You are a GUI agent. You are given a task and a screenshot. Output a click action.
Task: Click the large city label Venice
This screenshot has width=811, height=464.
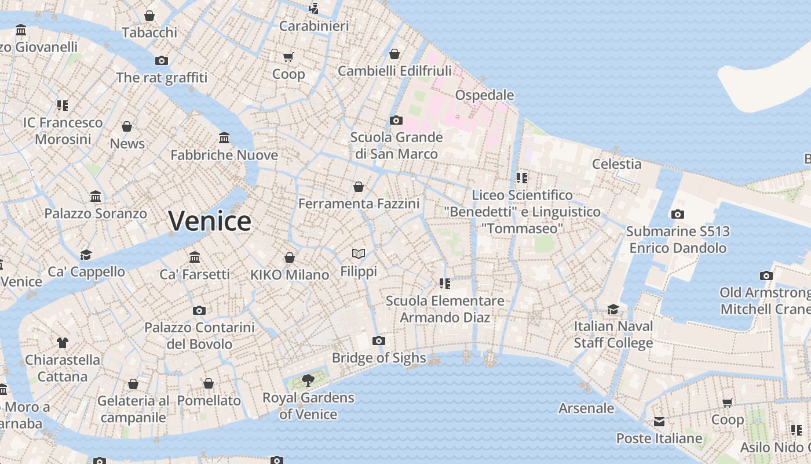pyautogui.click(x=210, y=221)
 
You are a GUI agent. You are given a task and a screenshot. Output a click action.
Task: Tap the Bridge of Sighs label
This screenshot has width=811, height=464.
pyautogui.click(x=379, y=358)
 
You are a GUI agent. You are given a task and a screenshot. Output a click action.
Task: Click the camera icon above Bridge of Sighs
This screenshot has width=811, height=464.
pyautogui.click(x=379, y=340)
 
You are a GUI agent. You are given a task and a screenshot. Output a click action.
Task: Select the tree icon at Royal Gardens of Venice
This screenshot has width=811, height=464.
pyautogui.click(x=308, y=380)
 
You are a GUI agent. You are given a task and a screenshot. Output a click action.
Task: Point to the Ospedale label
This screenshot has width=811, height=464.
pyautogui.click(x=485, y=95)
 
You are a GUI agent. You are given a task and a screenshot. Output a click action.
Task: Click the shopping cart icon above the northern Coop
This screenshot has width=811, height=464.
pyautogui.click(x=288, y=57)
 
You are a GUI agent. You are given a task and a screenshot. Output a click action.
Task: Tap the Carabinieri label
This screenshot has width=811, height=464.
pyautogui.click(x=314, y=26)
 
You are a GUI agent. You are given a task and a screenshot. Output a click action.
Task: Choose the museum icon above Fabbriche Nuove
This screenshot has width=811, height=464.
pyautogui.click(x=224, y=137)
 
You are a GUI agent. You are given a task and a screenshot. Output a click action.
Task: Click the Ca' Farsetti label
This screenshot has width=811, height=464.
pyautogui.click(x=195, y=274)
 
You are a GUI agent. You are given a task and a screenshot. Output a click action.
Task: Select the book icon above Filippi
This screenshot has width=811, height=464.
pyautogui.click(x=359, y=253)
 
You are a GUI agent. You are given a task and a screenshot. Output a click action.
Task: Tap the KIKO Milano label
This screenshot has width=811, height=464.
pyautogui.click(x=290, y=275)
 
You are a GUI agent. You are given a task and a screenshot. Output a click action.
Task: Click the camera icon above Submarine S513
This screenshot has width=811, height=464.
pyautogui.click(x=678, y=214)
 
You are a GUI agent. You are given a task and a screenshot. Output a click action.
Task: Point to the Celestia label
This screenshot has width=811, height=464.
pyautogui.click(x=617, y=164)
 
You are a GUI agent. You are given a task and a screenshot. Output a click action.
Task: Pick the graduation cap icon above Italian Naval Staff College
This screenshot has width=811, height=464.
pyautogui.click(x=613, y=309)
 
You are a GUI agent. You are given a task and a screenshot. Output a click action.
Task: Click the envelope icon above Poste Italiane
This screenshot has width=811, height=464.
pyautogui.click(x=659, y=422)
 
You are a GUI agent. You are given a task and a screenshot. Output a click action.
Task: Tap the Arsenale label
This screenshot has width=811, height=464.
pyautogui.click(x=586, y=408)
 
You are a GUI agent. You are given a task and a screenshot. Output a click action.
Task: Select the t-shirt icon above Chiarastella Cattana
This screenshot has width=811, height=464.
pyautogui.click(x=63, y=343)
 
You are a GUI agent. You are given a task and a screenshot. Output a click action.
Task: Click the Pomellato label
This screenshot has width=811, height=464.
pyautogui.click(x=209, y=400)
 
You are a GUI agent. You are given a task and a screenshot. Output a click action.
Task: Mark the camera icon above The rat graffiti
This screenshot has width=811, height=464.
pyautogui.click(x=162, y=60)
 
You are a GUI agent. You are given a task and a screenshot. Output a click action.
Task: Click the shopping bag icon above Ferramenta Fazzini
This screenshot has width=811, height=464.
pyautogui.click(x=359, y=187)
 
